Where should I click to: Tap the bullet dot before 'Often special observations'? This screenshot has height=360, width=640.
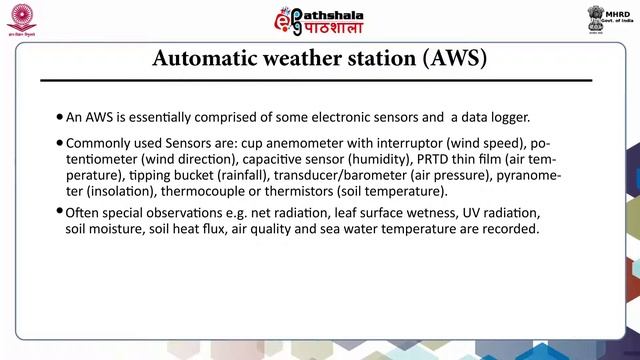[60, 214]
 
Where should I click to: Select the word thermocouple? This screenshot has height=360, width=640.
[190, 190]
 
